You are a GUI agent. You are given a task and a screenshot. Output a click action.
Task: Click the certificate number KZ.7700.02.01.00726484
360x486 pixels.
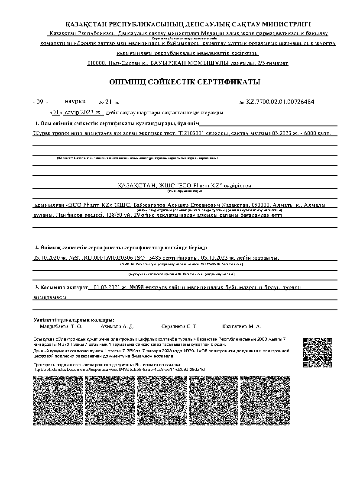point(280,102)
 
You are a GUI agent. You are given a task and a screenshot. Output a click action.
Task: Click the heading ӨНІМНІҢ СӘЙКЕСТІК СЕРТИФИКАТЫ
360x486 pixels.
point(185,82)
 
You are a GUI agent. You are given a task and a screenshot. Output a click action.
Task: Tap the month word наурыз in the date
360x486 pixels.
point(75,101)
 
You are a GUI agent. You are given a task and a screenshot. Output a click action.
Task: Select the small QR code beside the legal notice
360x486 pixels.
point(317,352)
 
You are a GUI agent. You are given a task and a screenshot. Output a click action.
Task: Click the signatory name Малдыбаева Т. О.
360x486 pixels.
point(61,326)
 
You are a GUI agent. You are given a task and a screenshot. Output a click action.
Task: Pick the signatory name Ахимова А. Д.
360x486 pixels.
point(117,326)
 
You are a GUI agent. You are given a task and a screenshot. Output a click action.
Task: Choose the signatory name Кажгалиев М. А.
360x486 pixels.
point(241,326)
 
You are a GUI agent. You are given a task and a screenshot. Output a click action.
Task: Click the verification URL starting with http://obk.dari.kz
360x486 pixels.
point(119,369)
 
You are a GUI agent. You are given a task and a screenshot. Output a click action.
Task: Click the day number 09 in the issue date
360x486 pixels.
point(40,102)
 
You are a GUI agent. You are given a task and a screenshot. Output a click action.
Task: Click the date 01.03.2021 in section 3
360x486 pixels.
point(106,287)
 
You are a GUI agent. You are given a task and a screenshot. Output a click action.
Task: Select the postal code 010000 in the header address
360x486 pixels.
point(96,63)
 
